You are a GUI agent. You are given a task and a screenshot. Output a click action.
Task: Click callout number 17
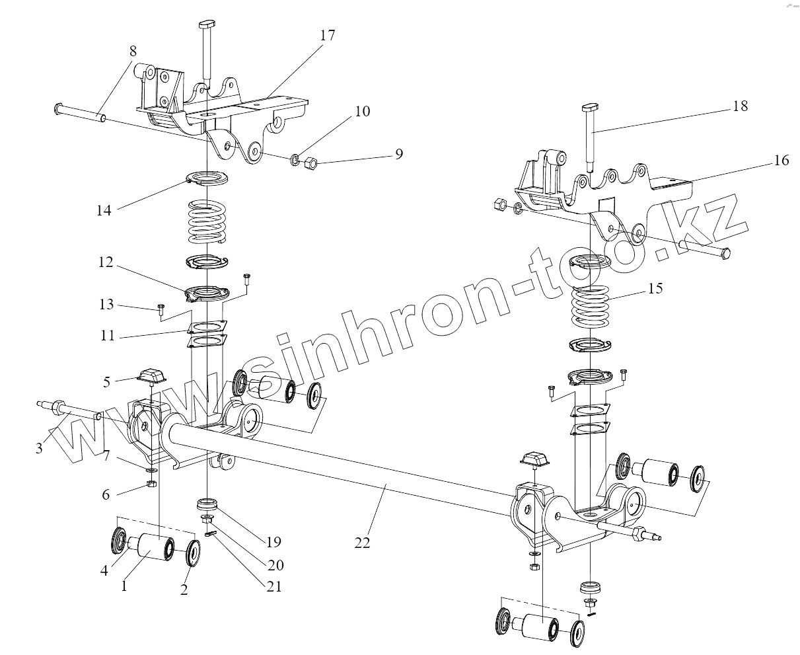tap(328, 36)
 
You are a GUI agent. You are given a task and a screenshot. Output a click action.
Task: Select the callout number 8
tap(133, 50)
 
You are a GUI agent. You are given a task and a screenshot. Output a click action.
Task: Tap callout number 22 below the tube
tap(361, 542)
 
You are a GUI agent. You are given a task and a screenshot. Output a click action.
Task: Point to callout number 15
tap(655, 289)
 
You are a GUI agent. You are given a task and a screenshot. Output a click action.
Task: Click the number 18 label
tap(740, 106)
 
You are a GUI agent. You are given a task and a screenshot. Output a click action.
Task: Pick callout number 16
tap(781, 161)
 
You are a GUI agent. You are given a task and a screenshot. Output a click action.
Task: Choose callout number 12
tap(106, 263)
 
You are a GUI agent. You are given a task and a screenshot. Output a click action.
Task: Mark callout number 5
tap(106, 381)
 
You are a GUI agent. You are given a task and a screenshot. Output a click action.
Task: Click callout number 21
tap(274, 586)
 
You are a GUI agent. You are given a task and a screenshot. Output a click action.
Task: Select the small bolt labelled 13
tap(161, 308)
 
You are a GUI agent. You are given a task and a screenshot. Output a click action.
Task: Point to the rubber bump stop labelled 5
tap(149, 377)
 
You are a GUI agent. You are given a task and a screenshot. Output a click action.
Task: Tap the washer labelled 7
tap(151, 469)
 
